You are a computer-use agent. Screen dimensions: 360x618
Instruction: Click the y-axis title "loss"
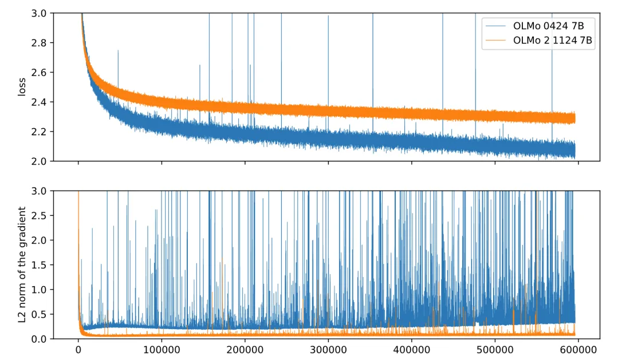[22, 87]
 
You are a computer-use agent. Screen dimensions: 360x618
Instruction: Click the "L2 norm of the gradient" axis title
[22, 264]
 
